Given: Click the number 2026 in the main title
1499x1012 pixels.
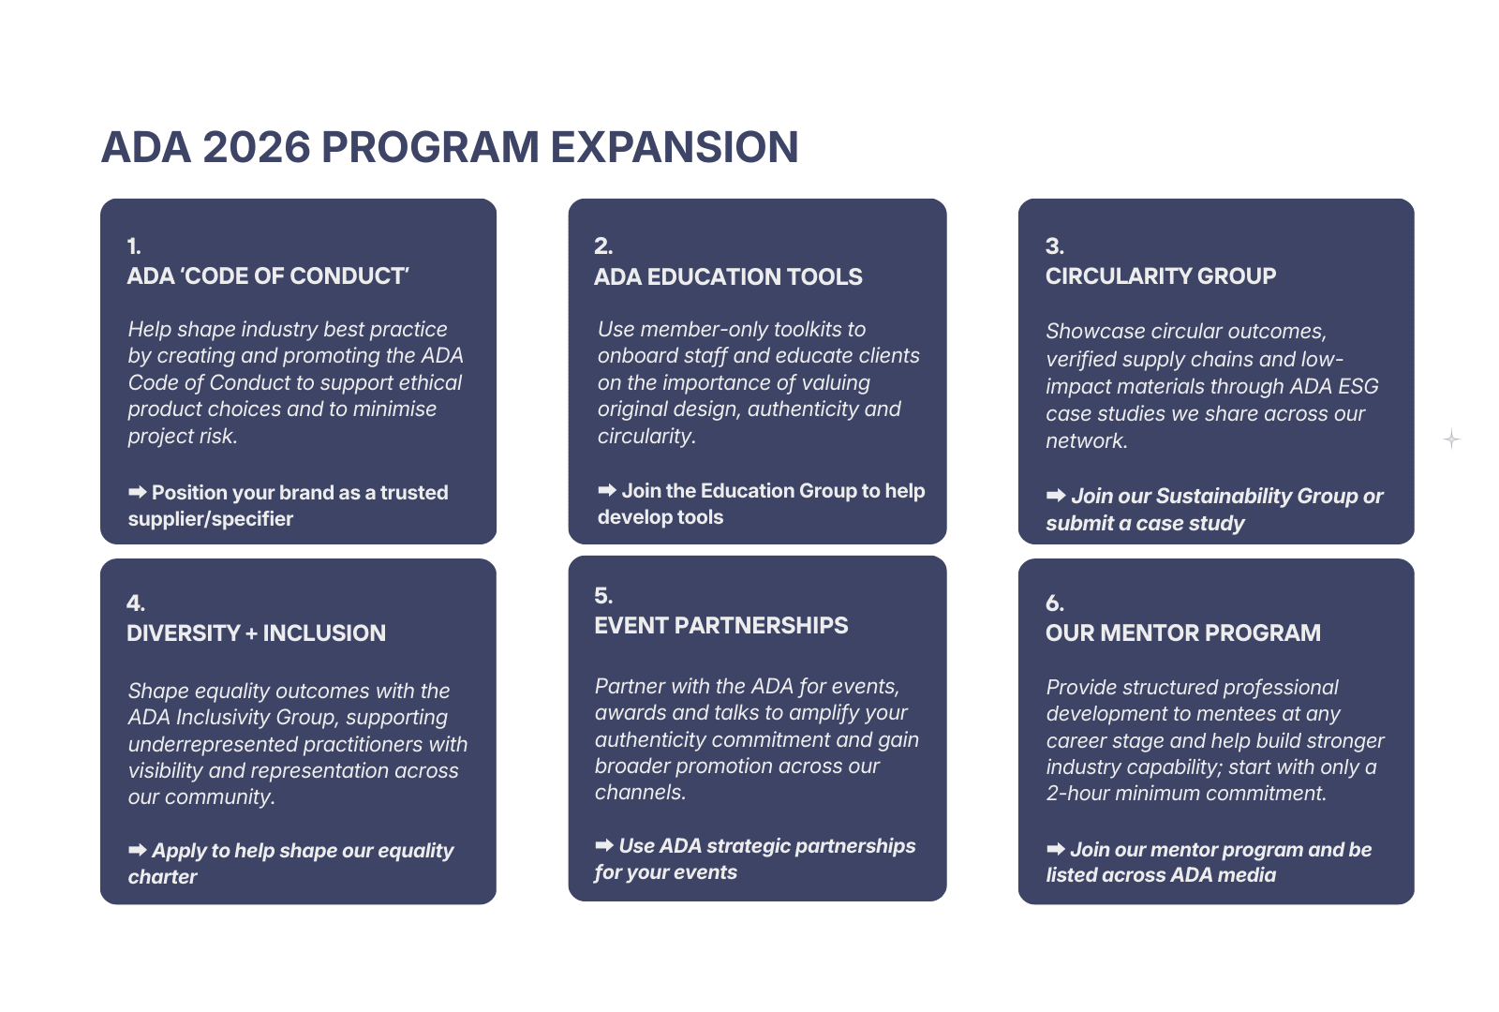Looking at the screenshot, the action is (257, 147).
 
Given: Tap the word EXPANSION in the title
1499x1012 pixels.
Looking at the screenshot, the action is (675, 147).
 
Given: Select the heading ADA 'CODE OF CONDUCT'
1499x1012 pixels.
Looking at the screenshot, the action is (268, 275).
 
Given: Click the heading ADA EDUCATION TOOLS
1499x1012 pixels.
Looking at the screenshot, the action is (728, 276).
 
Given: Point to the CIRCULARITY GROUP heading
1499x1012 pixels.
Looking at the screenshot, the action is (1161, 275).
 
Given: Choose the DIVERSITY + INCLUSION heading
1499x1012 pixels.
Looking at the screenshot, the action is (257, 632).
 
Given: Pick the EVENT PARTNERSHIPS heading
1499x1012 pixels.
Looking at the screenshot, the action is (721, 625).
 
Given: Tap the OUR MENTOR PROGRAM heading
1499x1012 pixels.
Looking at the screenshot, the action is (1183, 632).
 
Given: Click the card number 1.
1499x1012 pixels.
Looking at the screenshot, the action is (134, 246).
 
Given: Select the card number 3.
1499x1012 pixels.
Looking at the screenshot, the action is (1055, 246).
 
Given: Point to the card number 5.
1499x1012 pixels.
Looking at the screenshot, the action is (603, 596).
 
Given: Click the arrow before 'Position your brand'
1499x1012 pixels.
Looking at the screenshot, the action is (137, 493).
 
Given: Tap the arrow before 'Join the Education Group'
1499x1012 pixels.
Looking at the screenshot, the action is (607, 491).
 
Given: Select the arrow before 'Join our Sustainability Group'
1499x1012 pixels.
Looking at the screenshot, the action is (1056, 496).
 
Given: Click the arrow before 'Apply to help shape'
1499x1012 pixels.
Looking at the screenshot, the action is (137, 850).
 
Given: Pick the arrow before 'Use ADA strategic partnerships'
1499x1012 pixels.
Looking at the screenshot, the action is (604, 845).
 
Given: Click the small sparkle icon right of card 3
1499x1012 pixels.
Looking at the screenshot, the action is (1451, 439).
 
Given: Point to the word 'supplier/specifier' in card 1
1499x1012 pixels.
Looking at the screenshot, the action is (210, 519).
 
